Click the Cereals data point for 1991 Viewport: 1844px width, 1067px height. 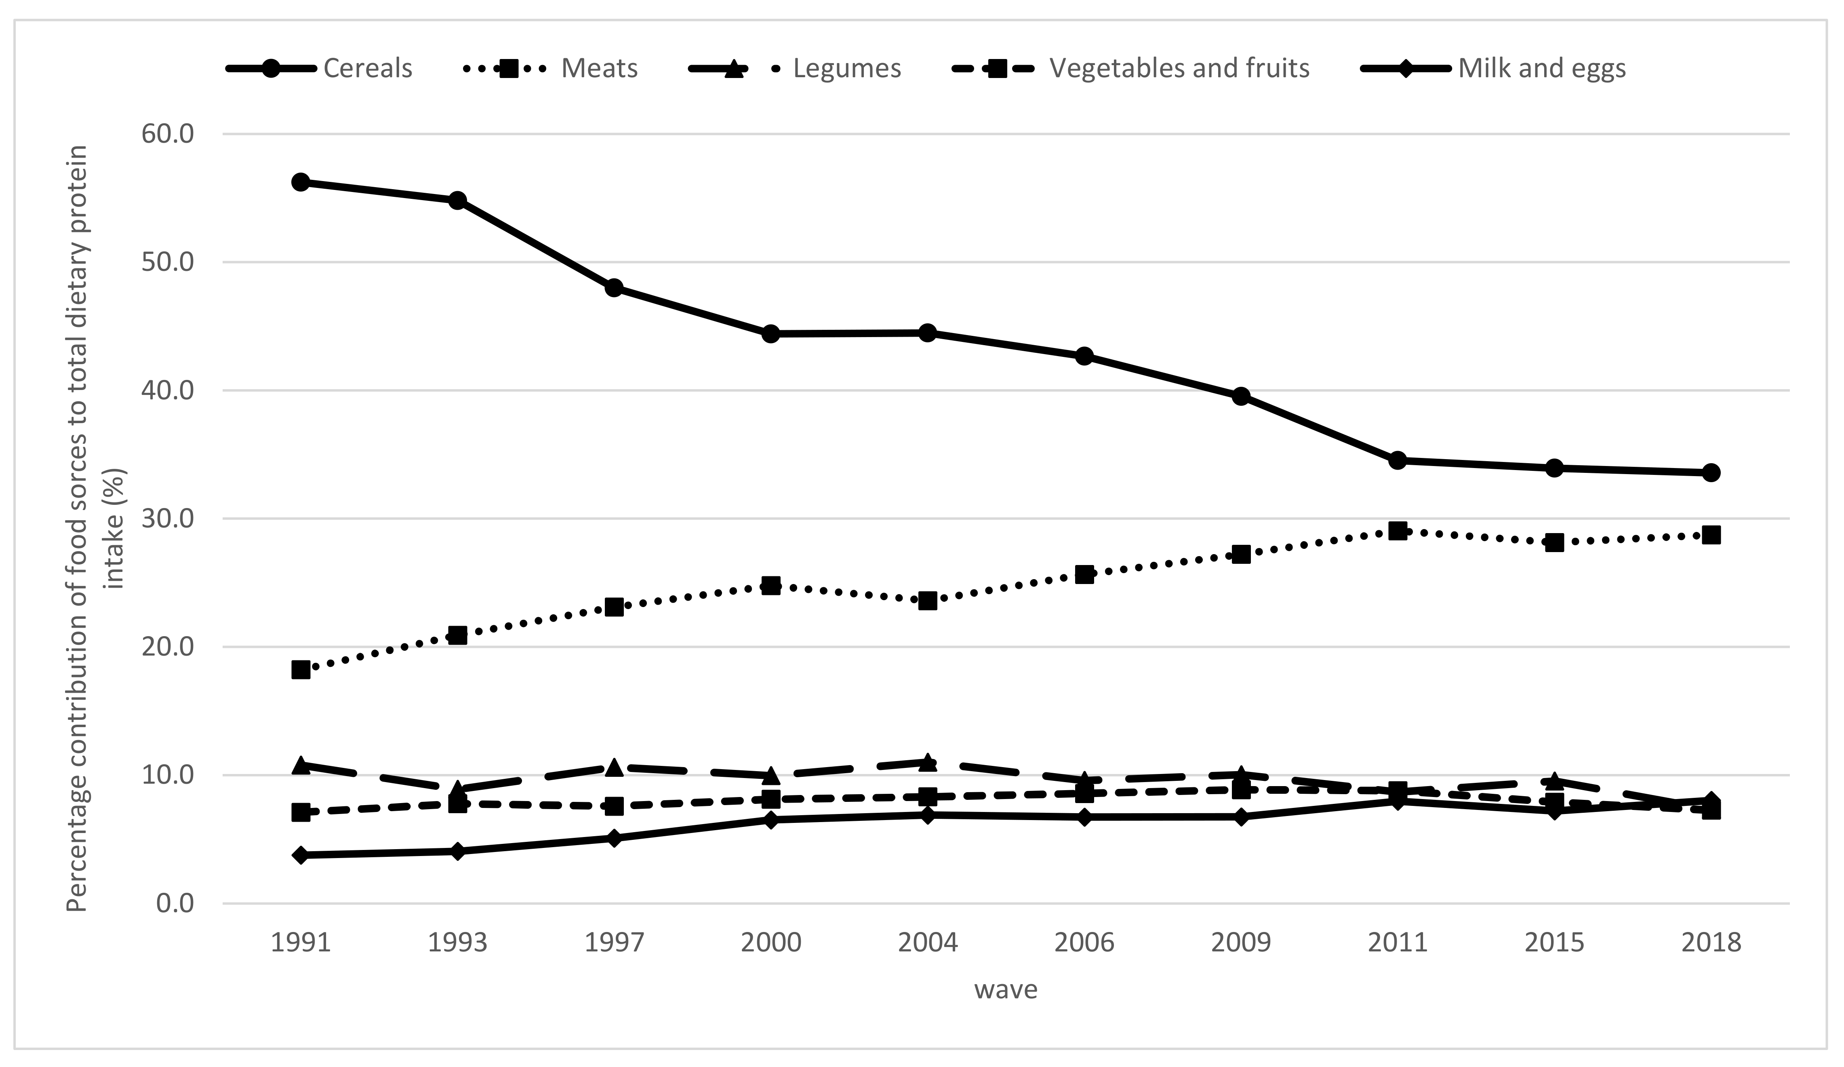[301, 182]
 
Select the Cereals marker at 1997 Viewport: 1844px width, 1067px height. [614, 288]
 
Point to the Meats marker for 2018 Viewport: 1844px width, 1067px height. [1711, 535]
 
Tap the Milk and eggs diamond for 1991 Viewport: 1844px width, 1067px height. [301, 855]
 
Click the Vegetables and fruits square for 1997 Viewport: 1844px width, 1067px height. [614, 806]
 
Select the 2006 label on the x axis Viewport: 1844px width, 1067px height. [1084, 942]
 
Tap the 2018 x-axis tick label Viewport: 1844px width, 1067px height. [1711, 942]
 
